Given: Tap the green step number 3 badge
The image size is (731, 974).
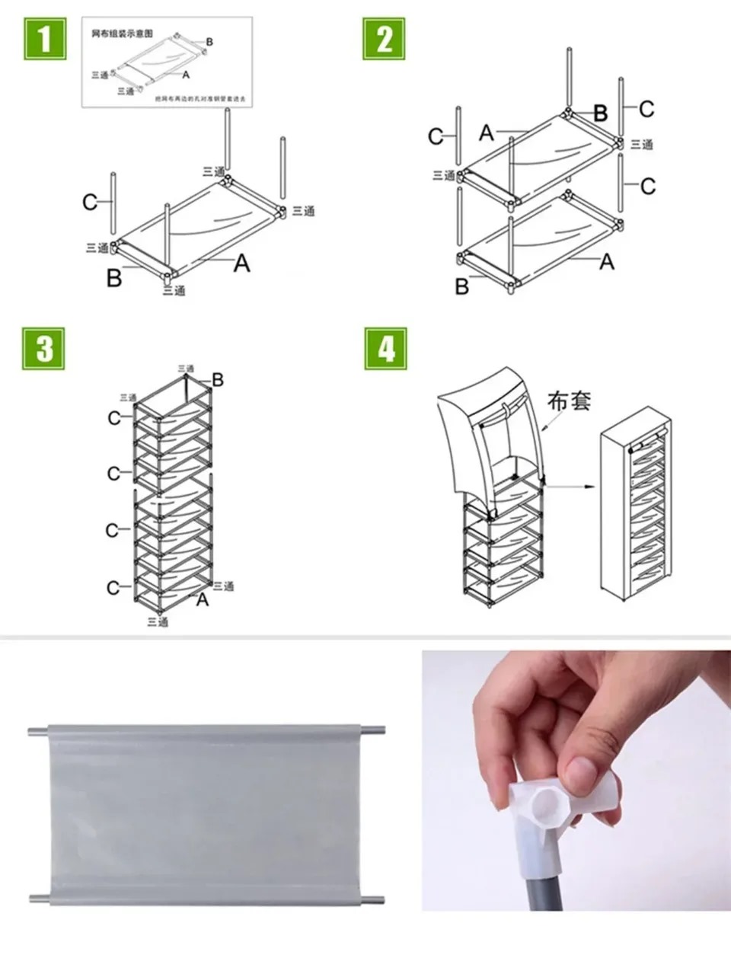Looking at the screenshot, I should click(x=45, y=350).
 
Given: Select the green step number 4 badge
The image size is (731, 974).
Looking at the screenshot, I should click(x=385, y=350).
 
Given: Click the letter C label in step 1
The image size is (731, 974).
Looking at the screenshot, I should click(x=90, y=203).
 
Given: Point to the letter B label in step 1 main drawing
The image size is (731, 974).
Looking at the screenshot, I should click(x=113, y=279).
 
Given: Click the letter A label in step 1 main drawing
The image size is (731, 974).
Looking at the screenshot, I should click(x=241, y=263).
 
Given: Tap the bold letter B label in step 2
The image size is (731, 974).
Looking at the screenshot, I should click(x=601, y=113).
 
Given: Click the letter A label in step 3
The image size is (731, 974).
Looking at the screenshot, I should click(x=203, y=600).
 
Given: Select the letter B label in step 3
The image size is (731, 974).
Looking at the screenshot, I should click(x=219, y=379).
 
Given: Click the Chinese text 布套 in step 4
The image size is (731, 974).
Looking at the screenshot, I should click(x=569, y=402).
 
